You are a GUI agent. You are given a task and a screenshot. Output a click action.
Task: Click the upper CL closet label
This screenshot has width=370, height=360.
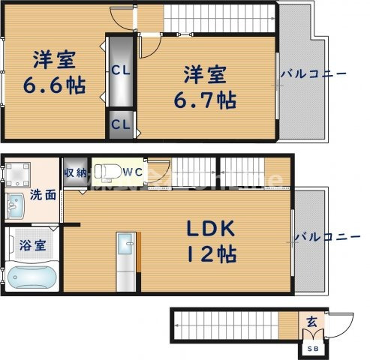pos(119,71)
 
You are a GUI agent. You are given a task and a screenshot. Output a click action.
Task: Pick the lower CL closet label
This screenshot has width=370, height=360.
pos(119,124)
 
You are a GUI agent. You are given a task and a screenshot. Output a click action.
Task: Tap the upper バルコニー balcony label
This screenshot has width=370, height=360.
pos(313,74)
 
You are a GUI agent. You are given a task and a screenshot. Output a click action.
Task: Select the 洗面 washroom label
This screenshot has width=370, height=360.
pos(43,194)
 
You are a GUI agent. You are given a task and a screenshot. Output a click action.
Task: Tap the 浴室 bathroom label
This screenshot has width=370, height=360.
pos(32,244)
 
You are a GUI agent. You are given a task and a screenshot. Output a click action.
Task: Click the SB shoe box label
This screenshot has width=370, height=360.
pos(311,348)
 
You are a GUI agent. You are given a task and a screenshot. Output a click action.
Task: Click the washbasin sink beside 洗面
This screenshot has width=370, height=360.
pos(14,202)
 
